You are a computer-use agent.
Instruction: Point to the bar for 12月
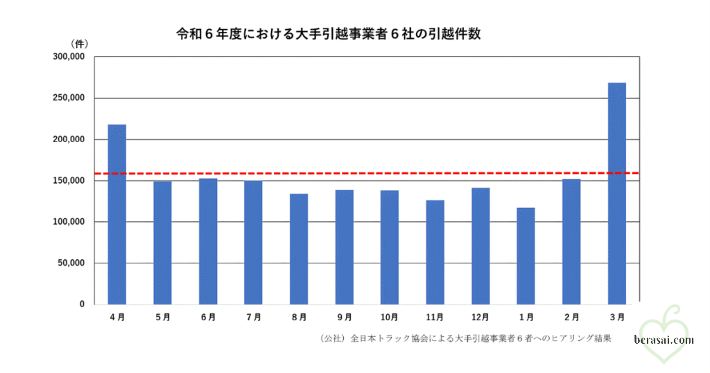click(x=480, y=245)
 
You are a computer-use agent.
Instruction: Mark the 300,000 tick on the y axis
click(x=68, y=57)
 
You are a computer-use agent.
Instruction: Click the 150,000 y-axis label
click(x=68, y=180)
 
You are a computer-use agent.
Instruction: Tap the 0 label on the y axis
click(x=81, y=304)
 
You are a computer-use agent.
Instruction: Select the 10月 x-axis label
click(x=389, y=318)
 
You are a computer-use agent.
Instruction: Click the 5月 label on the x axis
click(x=162, y=318)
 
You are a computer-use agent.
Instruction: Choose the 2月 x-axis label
click(x=571, y=318)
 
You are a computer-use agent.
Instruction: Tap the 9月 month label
click(x=344, y=318)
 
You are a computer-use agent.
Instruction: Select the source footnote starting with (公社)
click(x=465, y=339)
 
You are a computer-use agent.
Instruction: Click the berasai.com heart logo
click(x=664, y=333)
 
